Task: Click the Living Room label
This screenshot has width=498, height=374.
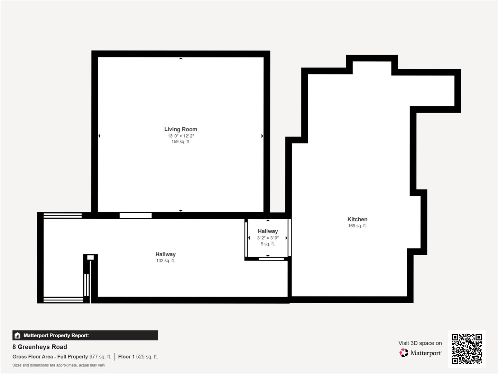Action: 181,129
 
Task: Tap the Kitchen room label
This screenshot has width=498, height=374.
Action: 357,219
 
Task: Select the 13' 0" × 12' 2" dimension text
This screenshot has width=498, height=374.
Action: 181,136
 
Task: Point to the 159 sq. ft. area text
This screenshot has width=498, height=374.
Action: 181,142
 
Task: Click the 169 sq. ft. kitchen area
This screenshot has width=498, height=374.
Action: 357,226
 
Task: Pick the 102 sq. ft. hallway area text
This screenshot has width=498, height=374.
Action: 165,261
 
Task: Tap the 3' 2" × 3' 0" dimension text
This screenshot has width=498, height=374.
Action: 268,238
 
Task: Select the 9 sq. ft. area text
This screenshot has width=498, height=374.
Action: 268,244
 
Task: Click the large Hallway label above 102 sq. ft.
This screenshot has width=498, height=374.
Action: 165,254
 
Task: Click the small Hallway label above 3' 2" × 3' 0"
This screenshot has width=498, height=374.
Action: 268,231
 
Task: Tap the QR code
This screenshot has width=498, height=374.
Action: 467,349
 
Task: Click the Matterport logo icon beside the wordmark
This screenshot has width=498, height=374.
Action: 404,353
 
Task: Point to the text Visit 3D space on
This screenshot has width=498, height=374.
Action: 420,343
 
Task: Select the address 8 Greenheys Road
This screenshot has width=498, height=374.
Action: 40,347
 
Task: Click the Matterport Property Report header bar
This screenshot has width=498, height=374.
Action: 85,335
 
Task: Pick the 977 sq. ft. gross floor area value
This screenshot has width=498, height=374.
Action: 100,357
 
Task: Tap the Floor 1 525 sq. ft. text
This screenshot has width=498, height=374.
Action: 138,357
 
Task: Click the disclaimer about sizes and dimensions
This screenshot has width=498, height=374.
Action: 59,365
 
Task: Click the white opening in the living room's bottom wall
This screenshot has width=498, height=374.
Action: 136,215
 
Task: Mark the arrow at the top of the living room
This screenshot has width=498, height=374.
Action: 181,59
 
